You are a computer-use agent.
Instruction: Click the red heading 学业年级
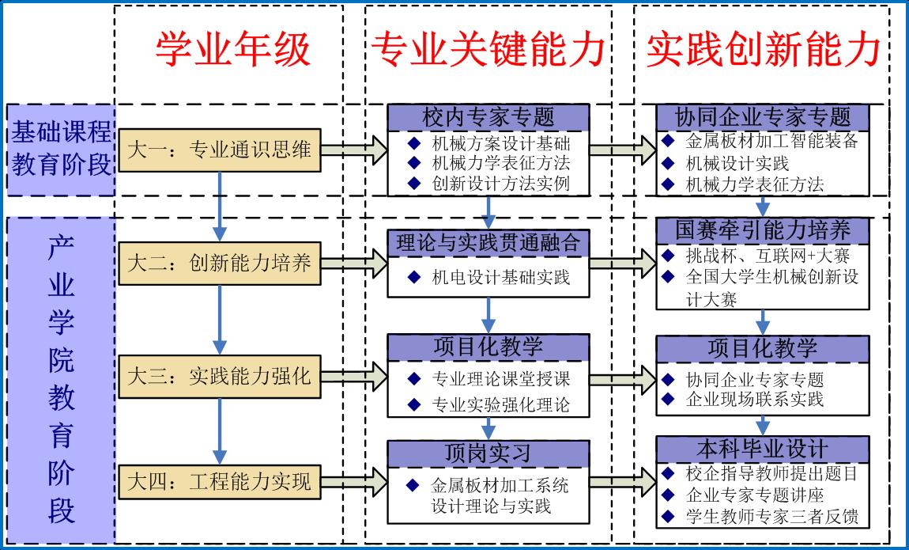(232, 49)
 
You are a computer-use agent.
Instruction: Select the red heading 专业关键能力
(488, 49)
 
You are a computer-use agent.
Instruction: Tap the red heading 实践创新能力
(763, 49)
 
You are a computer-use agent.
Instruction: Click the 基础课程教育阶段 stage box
(61, 149)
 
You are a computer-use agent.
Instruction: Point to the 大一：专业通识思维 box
(219, 149)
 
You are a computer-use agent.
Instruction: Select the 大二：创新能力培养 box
(219, 262)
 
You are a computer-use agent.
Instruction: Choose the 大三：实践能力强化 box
(219, 375)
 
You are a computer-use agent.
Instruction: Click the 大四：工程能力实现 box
(219, 480)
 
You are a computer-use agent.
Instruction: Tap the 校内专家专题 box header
(488, 118)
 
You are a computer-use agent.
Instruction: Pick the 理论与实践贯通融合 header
(488, 242)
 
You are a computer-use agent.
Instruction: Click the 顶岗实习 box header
(488, 453)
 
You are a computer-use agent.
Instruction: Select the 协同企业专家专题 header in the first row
(763, 117)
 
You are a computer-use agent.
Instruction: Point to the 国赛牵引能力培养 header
(763, 230)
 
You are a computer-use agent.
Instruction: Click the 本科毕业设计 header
(763, 449)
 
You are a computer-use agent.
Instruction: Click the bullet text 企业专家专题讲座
(755, 495)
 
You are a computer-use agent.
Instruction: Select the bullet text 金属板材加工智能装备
(771, 142)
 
